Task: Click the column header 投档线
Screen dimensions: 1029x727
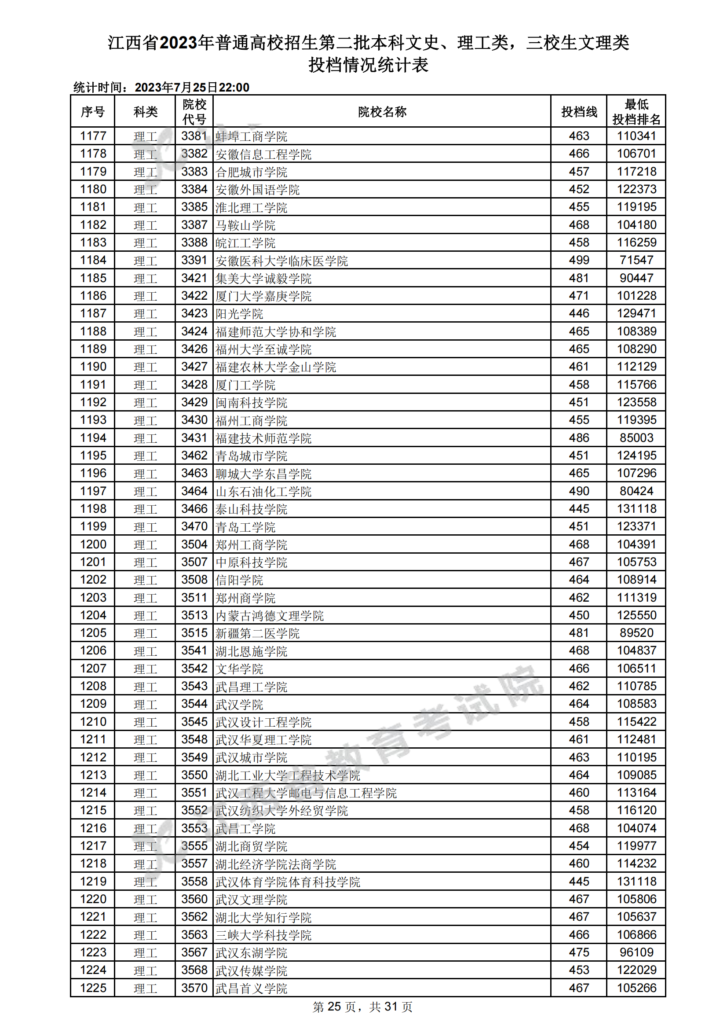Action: point(579,112)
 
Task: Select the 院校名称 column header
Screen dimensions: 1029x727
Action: point(382,112)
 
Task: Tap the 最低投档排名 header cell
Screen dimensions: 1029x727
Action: point(636,112)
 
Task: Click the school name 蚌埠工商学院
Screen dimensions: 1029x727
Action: point(251,136)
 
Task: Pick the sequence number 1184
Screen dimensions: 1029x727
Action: point(93,261)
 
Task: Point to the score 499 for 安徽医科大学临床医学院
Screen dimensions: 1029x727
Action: point(579,261)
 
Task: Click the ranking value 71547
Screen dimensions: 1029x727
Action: point(636,261)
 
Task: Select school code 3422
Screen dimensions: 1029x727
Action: point(194,296)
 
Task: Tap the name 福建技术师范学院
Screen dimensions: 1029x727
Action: point(263,438)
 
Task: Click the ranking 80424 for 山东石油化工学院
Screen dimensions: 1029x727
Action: point(636,491)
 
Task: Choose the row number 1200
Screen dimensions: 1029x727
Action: point(93,544)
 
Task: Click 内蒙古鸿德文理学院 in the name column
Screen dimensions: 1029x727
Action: point(270,615)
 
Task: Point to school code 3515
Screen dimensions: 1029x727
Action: point(194,633)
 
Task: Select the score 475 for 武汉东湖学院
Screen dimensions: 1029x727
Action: point(579,952)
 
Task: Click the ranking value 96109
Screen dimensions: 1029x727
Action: point(636,952)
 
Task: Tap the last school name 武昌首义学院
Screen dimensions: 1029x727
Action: point(251,988)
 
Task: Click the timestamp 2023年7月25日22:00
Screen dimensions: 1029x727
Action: point(192,88)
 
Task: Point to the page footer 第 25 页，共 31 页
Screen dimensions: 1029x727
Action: point(362,1007)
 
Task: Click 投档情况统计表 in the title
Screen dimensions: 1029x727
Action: point(368,66)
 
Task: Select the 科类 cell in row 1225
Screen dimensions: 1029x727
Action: point(145,988)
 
